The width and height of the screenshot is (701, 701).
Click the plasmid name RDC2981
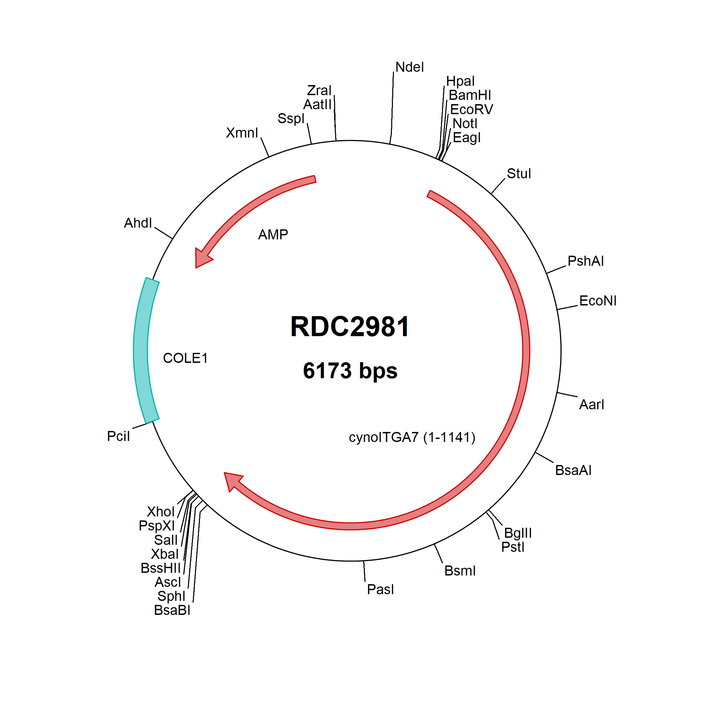point(350,326)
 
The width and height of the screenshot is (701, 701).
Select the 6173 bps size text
point(350,371)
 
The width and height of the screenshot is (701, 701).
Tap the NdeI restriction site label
point(410,67)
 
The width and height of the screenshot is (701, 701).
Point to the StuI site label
point(519,174)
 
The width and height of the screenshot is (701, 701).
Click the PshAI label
point(586,261)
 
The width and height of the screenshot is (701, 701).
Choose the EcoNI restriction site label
point(598,301)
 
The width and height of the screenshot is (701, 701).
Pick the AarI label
point(592,405)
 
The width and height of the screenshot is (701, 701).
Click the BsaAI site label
point(573,470)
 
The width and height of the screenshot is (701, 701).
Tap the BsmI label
point(460,571)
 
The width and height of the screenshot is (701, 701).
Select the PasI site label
point(380,590)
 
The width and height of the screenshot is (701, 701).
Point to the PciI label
point(118,436)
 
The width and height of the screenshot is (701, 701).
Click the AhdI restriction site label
point(138,223)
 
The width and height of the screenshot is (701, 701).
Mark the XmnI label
point(242,133)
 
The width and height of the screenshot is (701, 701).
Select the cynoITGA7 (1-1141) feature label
point(412,437)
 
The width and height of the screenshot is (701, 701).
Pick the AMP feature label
point(273,235)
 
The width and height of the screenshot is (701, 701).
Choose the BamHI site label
point(470,95)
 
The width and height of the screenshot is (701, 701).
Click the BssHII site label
point(160,568)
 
